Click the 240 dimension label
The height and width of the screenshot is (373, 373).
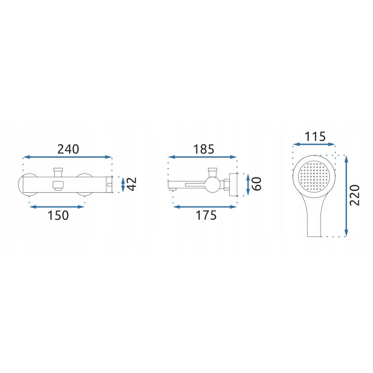(x=68, y=149)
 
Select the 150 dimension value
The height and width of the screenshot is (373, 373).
(x=58, y=215)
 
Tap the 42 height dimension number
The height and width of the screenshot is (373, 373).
(x=132, y=184)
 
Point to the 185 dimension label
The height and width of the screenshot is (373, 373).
(x=204, y=150)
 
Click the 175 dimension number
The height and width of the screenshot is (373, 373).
(x=206, y=215)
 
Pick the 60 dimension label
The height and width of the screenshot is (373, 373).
(x=257, y=184)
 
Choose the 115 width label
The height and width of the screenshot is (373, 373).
(x=315, y=137)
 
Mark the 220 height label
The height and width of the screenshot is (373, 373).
(x=355, y=195)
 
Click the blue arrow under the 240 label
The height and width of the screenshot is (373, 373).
(x=67, y=157)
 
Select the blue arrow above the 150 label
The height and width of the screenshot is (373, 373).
(x=57, y=207)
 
